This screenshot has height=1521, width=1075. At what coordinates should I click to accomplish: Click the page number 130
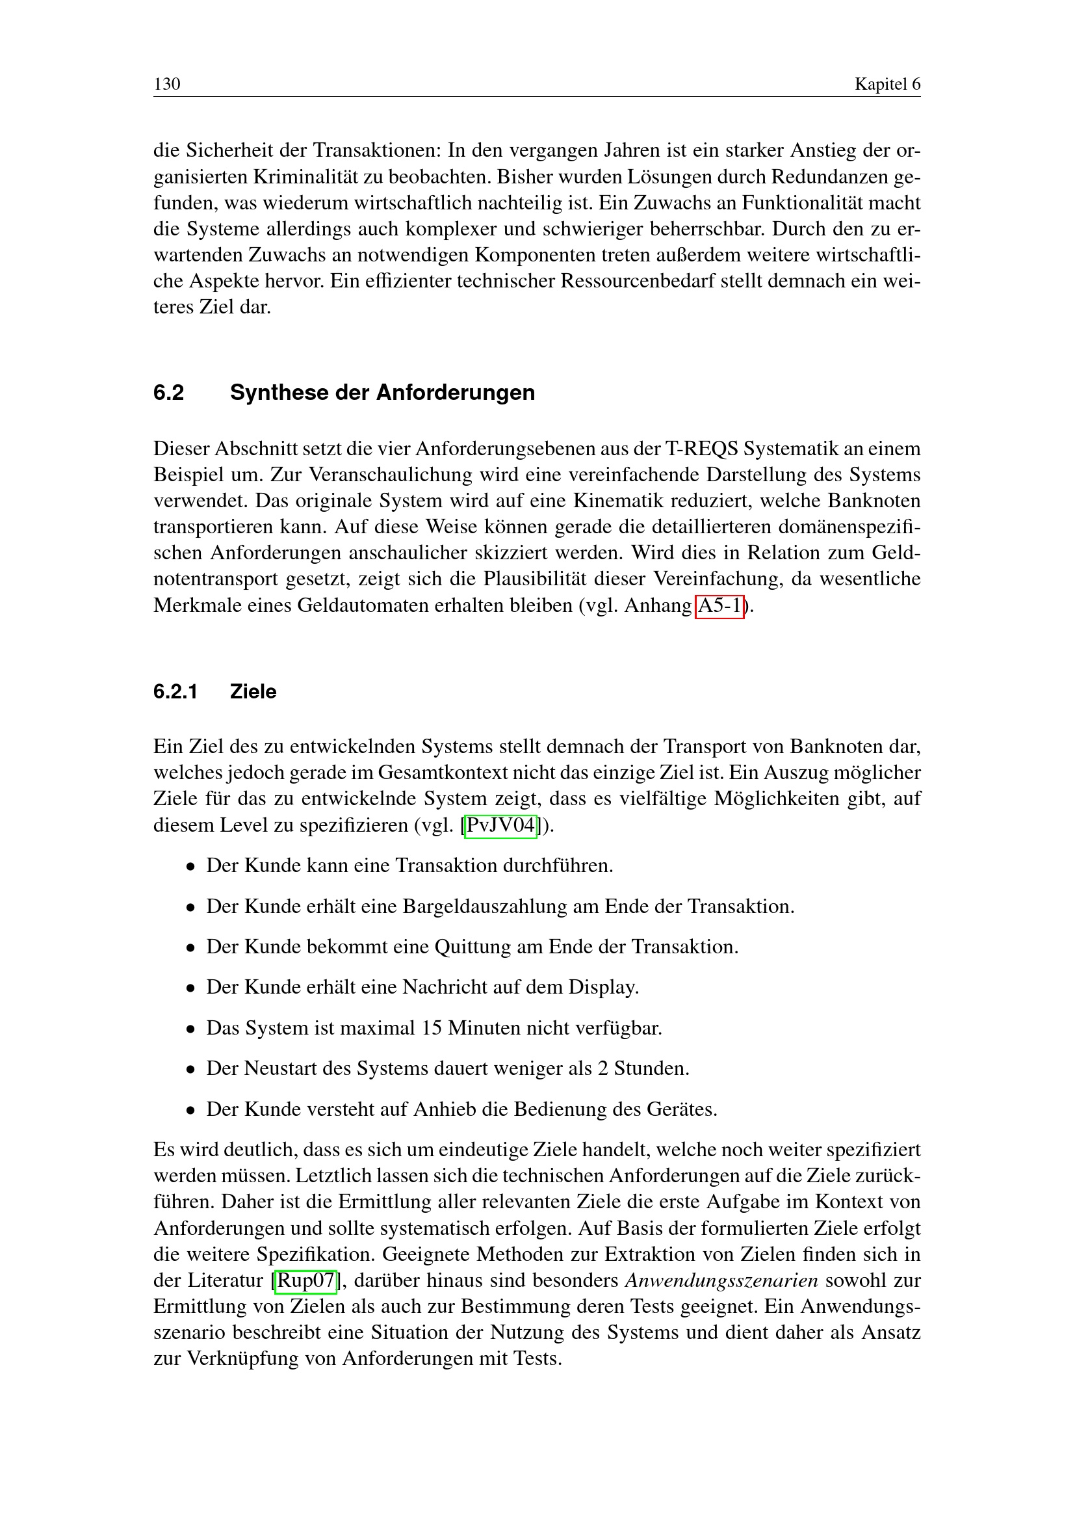pos(167,84)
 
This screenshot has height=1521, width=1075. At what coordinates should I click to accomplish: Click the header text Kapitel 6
pos(887,84)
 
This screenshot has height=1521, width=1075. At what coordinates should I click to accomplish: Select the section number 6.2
pos(169,393)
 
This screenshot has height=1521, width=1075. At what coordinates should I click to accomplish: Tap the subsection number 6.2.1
pos(175,692)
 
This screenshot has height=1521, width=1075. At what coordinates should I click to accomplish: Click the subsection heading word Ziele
pos(253,692)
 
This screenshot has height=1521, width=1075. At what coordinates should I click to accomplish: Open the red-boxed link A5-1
pos(719,605)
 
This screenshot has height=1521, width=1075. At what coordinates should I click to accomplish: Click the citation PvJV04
pos(500,825)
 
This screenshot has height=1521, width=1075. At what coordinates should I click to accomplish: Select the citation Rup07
pos(306,1280)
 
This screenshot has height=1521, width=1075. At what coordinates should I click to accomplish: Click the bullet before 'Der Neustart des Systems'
pos(190,1070)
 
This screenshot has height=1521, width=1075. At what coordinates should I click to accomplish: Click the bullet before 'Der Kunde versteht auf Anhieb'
pos(190,1110)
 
